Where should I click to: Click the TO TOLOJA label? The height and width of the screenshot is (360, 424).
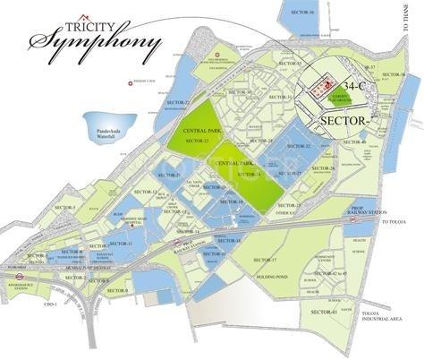[397, 220]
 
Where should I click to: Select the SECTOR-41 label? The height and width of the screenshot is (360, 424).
[324, 311]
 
